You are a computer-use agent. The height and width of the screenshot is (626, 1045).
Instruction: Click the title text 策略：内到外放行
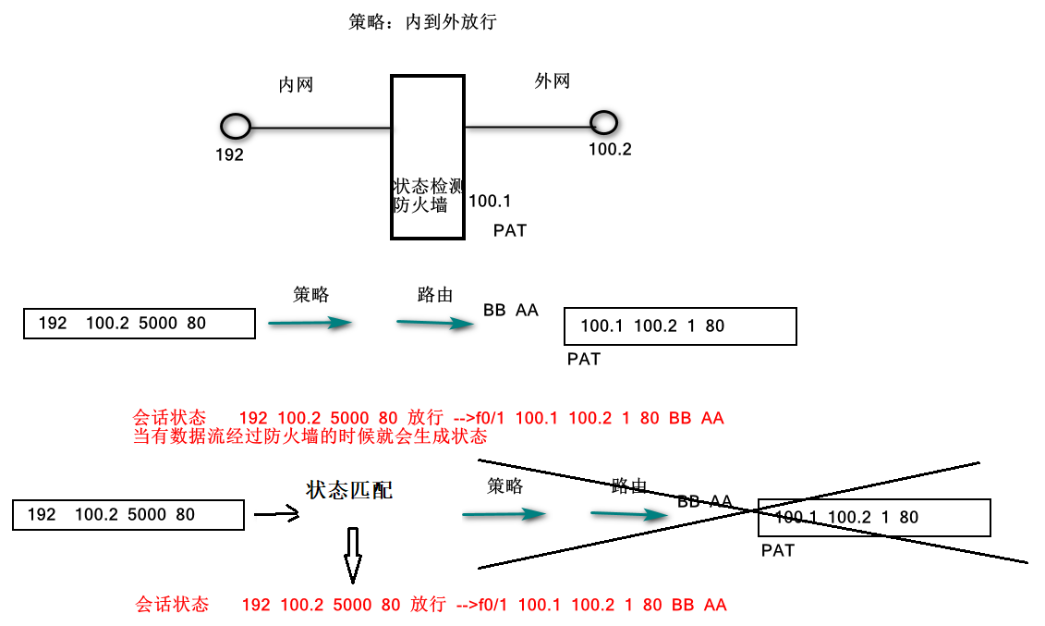tap(422, 22)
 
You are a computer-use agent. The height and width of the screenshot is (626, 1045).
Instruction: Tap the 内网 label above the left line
tap(296, 85)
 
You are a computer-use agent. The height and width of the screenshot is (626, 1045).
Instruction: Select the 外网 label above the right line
tap(553, 81)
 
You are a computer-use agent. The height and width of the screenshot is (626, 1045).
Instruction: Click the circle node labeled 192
tap(236, 127)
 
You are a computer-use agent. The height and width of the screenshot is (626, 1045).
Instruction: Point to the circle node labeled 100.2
tap(603, 121)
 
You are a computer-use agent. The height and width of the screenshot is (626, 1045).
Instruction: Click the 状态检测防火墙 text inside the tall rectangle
tap(427, 195)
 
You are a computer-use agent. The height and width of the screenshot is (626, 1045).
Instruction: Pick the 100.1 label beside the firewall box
tap(490, 202)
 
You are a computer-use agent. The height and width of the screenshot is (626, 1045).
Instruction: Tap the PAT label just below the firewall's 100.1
tap(509, 231)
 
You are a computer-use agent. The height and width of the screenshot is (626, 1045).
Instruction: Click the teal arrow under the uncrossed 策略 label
tap(310, 323)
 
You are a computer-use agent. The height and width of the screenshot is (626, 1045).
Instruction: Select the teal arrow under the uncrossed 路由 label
tap(436, 323)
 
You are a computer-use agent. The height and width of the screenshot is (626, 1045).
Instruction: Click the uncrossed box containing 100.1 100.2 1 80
tap(680, 326)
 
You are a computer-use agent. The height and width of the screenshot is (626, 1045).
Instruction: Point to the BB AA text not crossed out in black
tap(510, 311)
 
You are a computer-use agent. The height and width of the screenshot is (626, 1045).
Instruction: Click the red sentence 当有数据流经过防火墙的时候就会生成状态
tap(310, 436)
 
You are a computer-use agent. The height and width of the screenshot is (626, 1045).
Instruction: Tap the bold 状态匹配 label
tap(349, 490)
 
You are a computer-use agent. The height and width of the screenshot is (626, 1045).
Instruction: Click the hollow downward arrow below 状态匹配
tap(352, 555)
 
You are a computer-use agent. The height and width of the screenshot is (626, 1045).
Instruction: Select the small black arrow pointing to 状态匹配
tap(276, 515)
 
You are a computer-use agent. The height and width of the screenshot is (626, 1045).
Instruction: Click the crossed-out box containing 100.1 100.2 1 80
tap(873, 518)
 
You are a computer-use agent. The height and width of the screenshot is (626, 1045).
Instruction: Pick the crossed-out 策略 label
tap(504, 486)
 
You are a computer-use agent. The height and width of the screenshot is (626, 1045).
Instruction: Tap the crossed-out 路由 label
tap(629, 486)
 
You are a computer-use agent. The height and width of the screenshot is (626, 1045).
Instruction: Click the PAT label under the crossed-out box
tap(777, 551)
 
